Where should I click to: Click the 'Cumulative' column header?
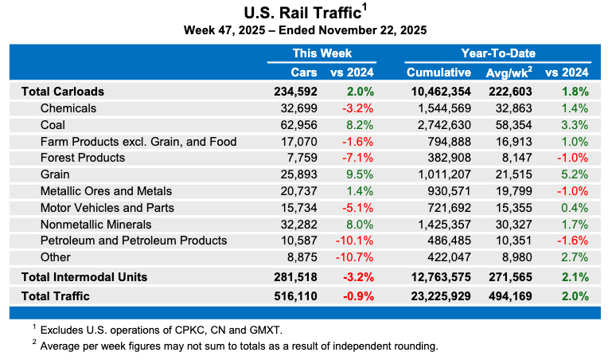439,72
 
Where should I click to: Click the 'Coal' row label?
53,125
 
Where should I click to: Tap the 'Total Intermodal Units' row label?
86,277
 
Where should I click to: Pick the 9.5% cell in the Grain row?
360,174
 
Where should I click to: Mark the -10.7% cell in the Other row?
357,257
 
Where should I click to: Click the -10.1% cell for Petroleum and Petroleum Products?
357,241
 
